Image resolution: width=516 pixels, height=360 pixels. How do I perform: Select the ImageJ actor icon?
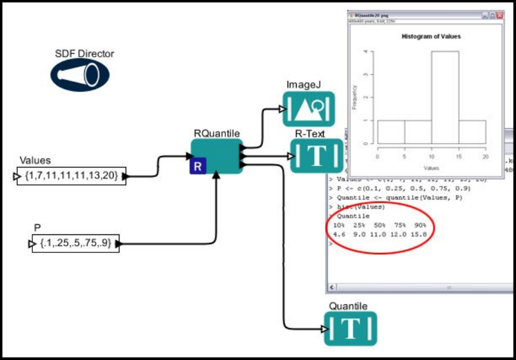tap(309, 111)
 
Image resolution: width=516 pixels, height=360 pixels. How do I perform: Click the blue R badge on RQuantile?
tap(198, 166)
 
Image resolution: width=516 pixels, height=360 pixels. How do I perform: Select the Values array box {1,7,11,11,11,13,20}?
tap(72, 176)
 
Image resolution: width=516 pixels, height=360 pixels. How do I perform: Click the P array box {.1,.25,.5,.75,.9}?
tap(75, 243)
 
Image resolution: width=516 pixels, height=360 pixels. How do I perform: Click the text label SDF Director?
tap(84, 54)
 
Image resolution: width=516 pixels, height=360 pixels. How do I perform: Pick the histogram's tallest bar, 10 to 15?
tap(445, 97)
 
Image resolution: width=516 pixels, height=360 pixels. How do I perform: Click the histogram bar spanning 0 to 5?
tap(391, 132)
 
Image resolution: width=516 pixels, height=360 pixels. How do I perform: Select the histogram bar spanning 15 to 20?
tap(472, 132)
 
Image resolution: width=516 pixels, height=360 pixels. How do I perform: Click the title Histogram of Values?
tap(431, 36)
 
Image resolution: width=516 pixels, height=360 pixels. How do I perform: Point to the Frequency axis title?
tap(355, 97)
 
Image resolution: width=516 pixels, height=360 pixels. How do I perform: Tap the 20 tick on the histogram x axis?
tap(485, 157)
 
